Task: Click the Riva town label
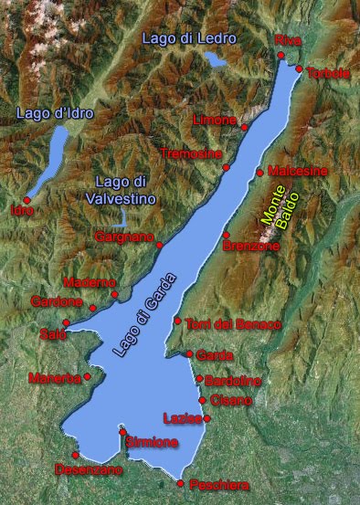click(288, 39)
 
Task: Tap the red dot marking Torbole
click(299, 68)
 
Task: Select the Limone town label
click(214, 120)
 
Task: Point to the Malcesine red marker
click(259, 172)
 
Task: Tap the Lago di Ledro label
click(189, 38)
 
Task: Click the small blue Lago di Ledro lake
click(216, 60)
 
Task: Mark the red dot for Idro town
click(27, 200)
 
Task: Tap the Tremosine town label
click(190, 153)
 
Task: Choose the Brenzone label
click(250, 246)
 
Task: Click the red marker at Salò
click(66, 322)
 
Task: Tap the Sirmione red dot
click(122, 431)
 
